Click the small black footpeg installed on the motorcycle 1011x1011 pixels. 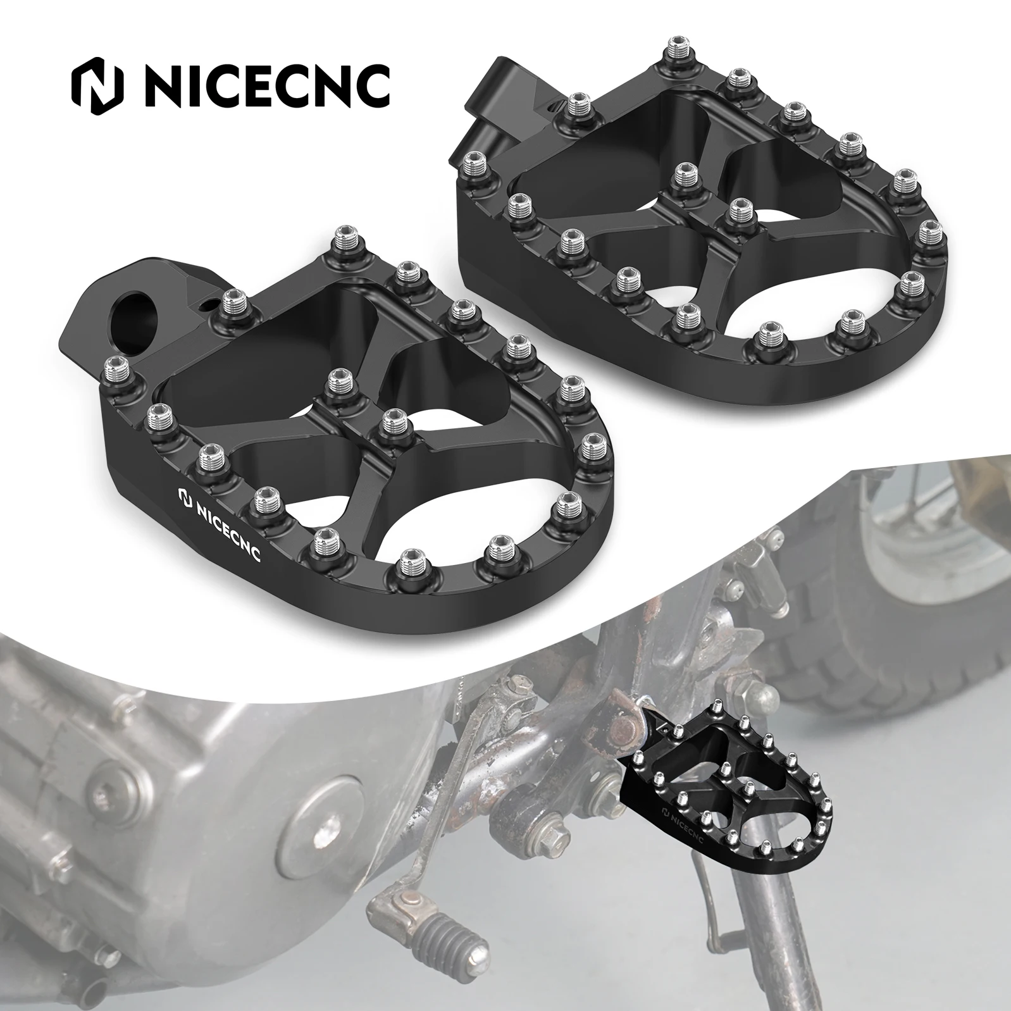pos(728,803)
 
